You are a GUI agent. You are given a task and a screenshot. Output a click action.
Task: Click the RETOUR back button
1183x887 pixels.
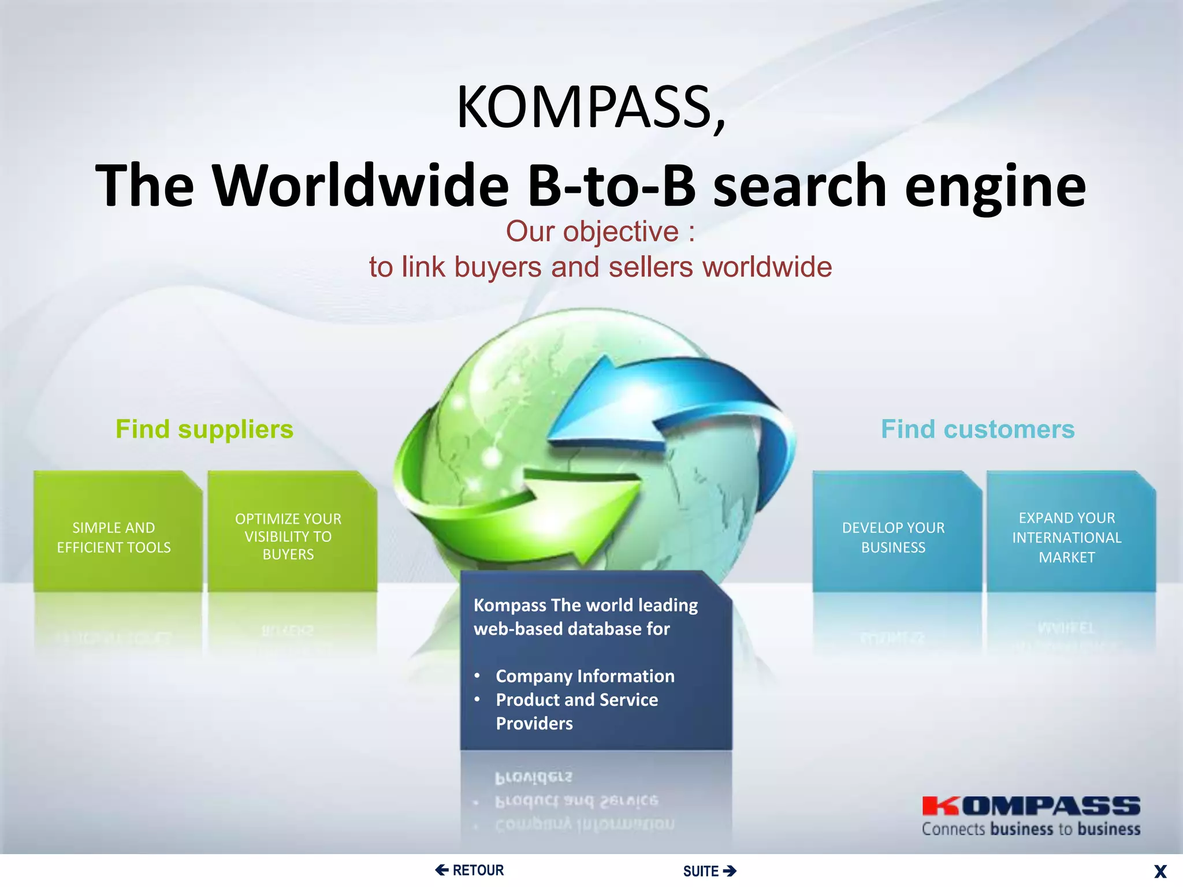tap(470, 870)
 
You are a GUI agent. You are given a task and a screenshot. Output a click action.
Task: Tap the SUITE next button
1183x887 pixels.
tap(709, 871)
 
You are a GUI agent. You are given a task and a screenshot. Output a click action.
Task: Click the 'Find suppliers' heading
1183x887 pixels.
tap(204, 430)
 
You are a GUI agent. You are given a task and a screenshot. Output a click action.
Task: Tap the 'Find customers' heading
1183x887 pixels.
tap(977, 430)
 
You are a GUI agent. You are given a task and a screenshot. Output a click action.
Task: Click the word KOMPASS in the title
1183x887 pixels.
tap(589, 107)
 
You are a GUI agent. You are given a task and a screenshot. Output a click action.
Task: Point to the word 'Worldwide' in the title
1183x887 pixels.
tap(360, 185)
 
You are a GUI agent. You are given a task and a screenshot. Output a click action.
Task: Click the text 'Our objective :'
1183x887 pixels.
tap(600, 232)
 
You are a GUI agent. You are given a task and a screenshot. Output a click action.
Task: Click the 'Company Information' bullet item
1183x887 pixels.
tap(585, 676)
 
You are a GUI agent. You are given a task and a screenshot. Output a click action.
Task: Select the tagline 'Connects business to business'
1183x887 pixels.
tap(1031, 829)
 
